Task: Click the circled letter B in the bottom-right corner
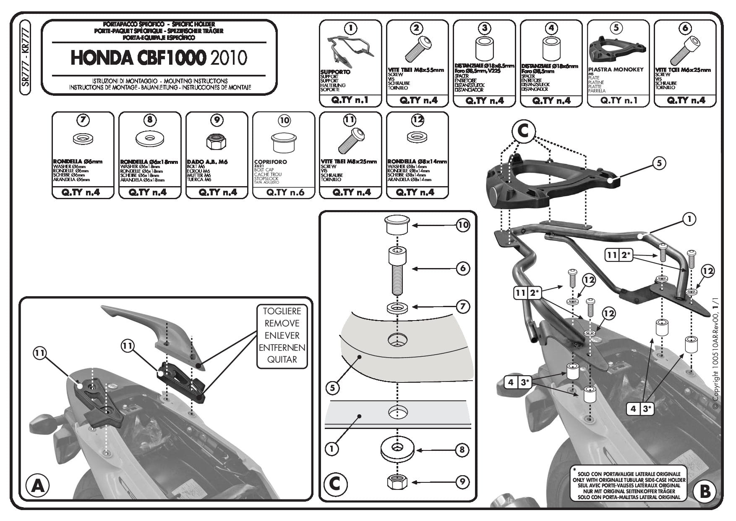705,491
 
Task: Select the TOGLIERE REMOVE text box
282,335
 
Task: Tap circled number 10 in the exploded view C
463,225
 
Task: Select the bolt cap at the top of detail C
397,226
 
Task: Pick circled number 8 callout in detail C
462,450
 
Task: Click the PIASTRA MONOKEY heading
615,70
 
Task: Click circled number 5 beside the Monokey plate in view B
659,163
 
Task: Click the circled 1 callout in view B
689,219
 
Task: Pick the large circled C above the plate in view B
523,132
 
